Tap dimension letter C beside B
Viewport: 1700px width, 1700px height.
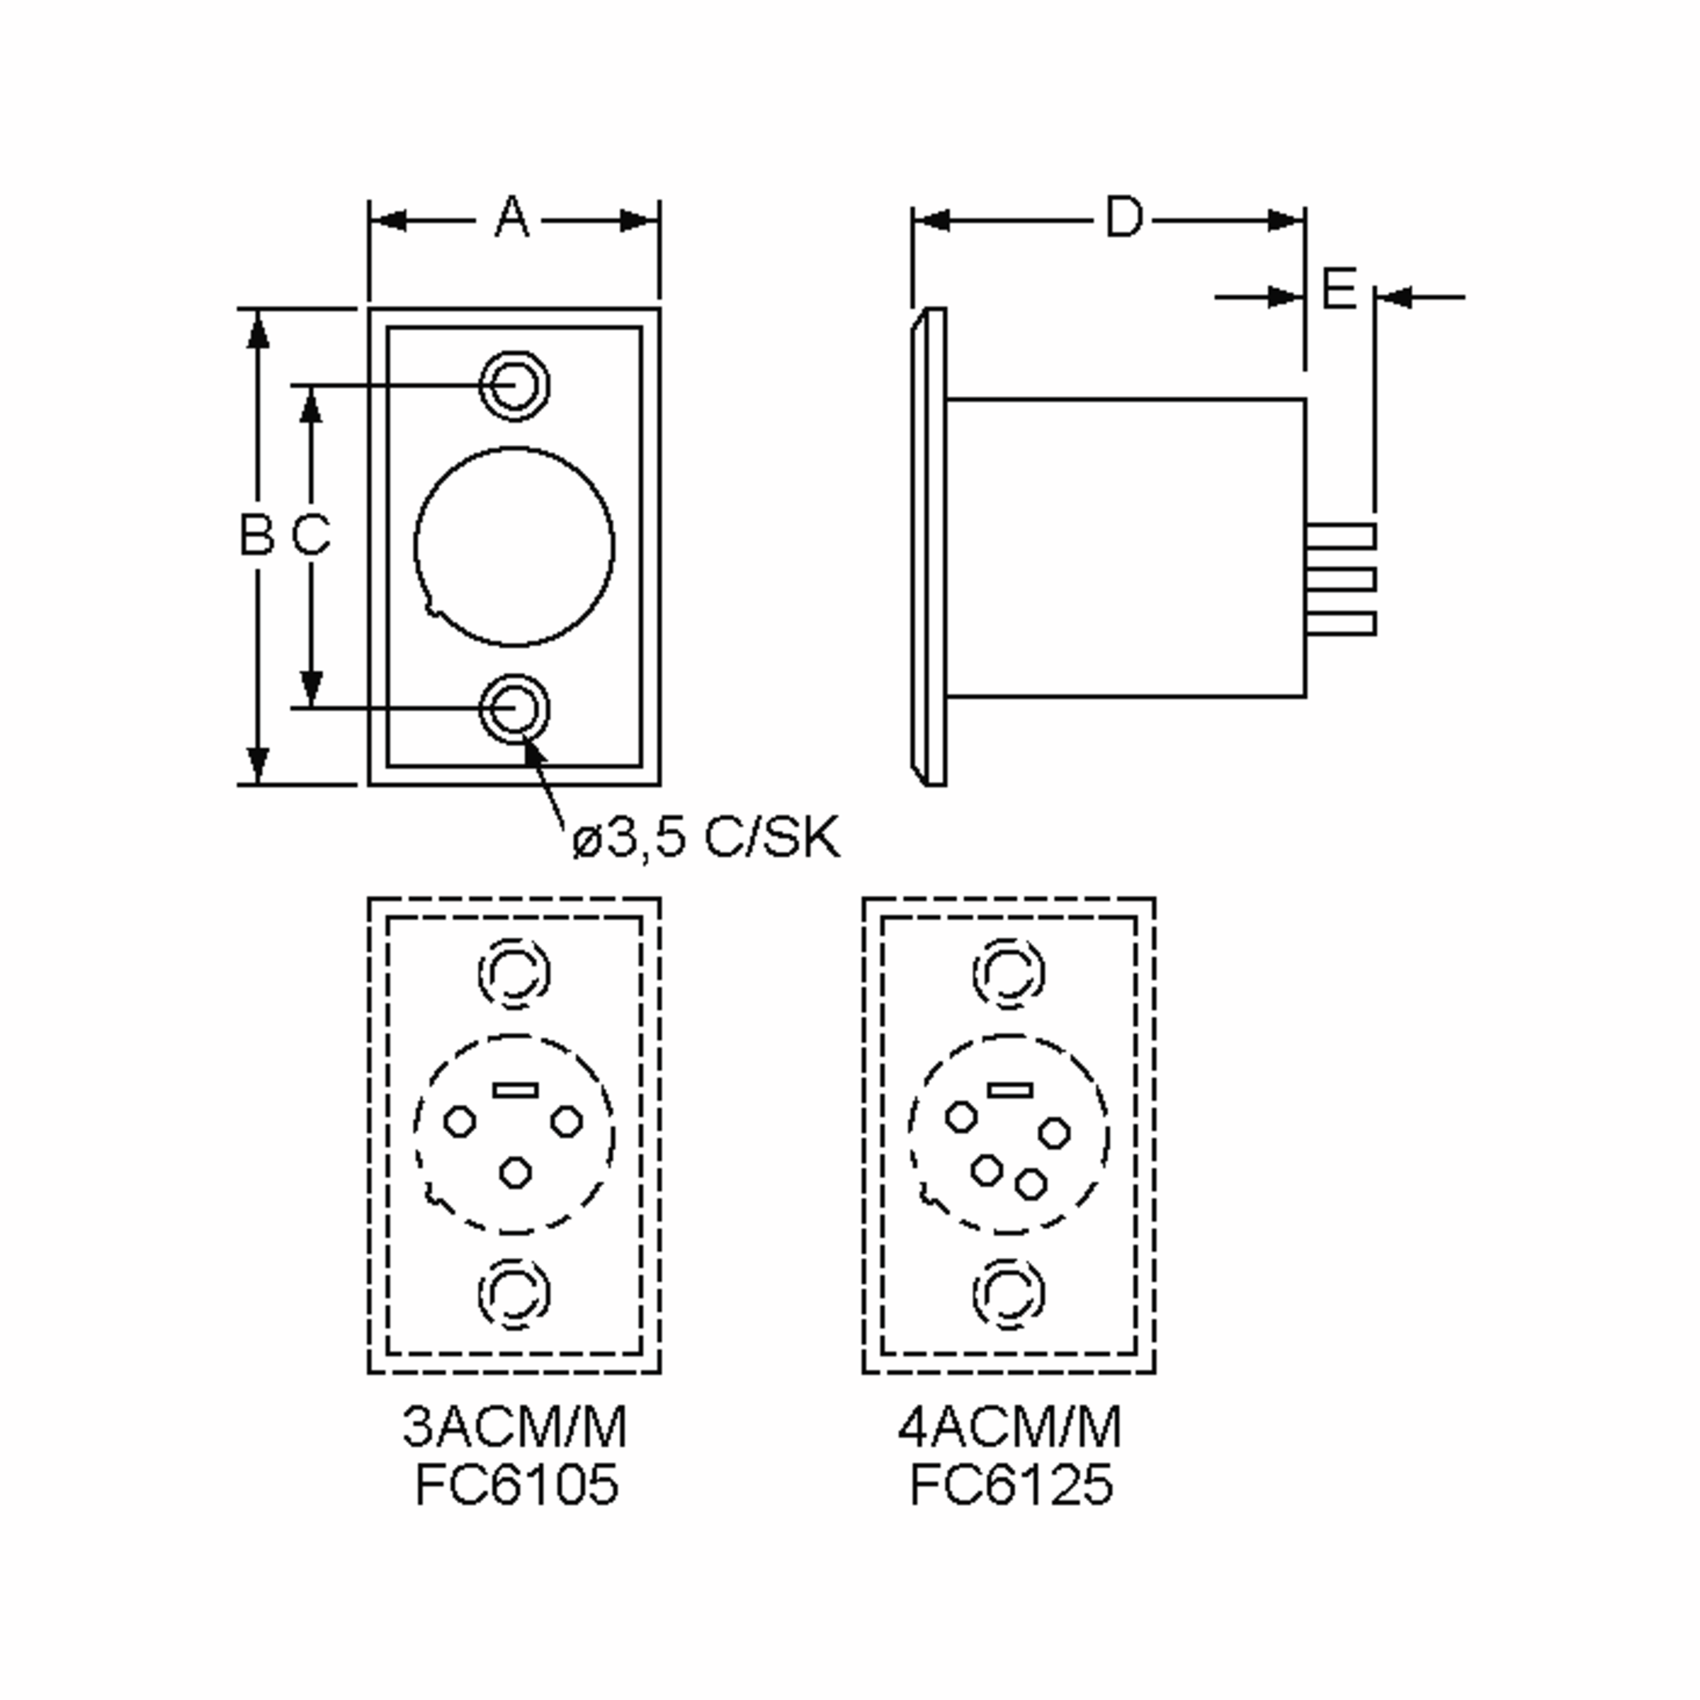pos(311,534)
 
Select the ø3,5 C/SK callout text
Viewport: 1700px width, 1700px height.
pos(705,838)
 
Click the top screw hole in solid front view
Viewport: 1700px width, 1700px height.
pos(515,385)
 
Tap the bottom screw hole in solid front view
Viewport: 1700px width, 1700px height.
pos(515,708)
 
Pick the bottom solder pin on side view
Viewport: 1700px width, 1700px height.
pos(1340,623)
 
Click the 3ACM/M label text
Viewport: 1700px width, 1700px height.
pos(515,1427)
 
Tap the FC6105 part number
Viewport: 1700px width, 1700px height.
pos(516,1485)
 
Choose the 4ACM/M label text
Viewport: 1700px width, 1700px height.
pos(1009,1427)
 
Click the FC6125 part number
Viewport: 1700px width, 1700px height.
pos(1011,1485)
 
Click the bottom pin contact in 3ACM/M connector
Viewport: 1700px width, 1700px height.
pos(515,1172)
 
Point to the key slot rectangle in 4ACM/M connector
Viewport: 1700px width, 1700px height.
pos(1009,1090)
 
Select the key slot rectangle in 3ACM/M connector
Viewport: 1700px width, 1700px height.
pos(515,1090)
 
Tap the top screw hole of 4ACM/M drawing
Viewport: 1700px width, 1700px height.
pos(1009,973)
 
